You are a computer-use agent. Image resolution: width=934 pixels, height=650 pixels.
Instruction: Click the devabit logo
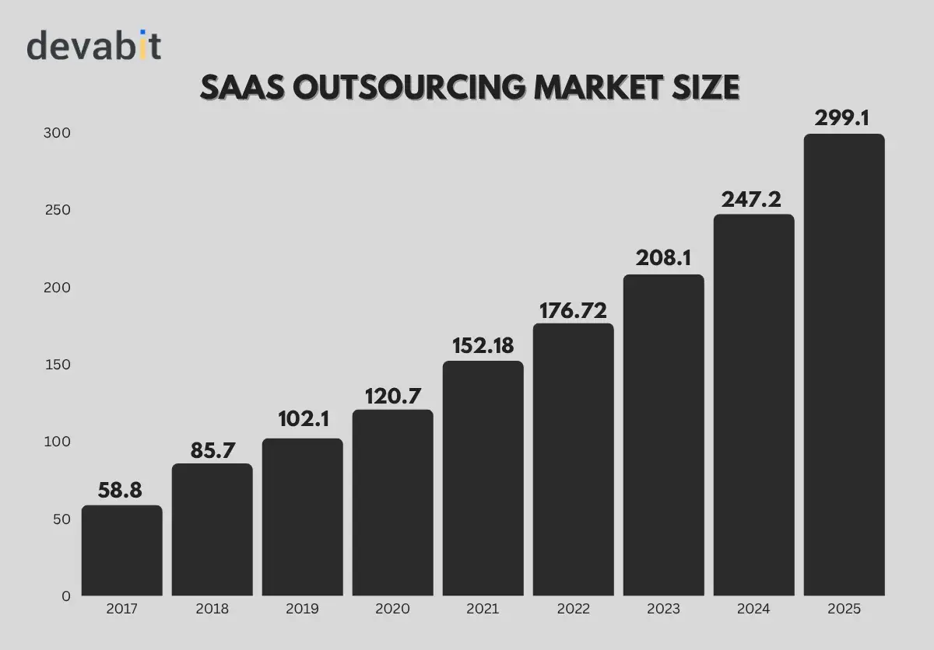click(94, 46)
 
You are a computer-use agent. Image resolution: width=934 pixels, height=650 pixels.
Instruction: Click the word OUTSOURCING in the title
click(409, 88)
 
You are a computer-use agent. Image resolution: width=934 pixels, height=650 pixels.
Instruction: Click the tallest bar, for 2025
click(844, 365)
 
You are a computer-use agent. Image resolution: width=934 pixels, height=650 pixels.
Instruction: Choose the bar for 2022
click(573, 460)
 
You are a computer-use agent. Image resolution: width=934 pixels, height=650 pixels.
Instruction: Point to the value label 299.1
click(844, 118)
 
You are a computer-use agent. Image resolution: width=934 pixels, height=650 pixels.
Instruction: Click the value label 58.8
click(121, 491)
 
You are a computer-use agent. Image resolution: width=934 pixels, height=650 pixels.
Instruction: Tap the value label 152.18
click(483, 345)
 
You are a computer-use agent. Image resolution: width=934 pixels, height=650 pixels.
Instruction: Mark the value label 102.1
click(303, 420)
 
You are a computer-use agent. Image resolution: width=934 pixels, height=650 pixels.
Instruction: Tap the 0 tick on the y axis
click(66, 596)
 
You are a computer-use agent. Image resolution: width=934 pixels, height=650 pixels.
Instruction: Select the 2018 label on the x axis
click(212, 609)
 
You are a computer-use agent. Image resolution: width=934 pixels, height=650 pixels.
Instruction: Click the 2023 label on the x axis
click(663, 609)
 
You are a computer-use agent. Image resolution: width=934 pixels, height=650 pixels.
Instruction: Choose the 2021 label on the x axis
click(483, 609)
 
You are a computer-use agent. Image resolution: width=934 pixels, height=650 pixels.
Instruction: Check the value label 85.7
click(212, 450)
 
